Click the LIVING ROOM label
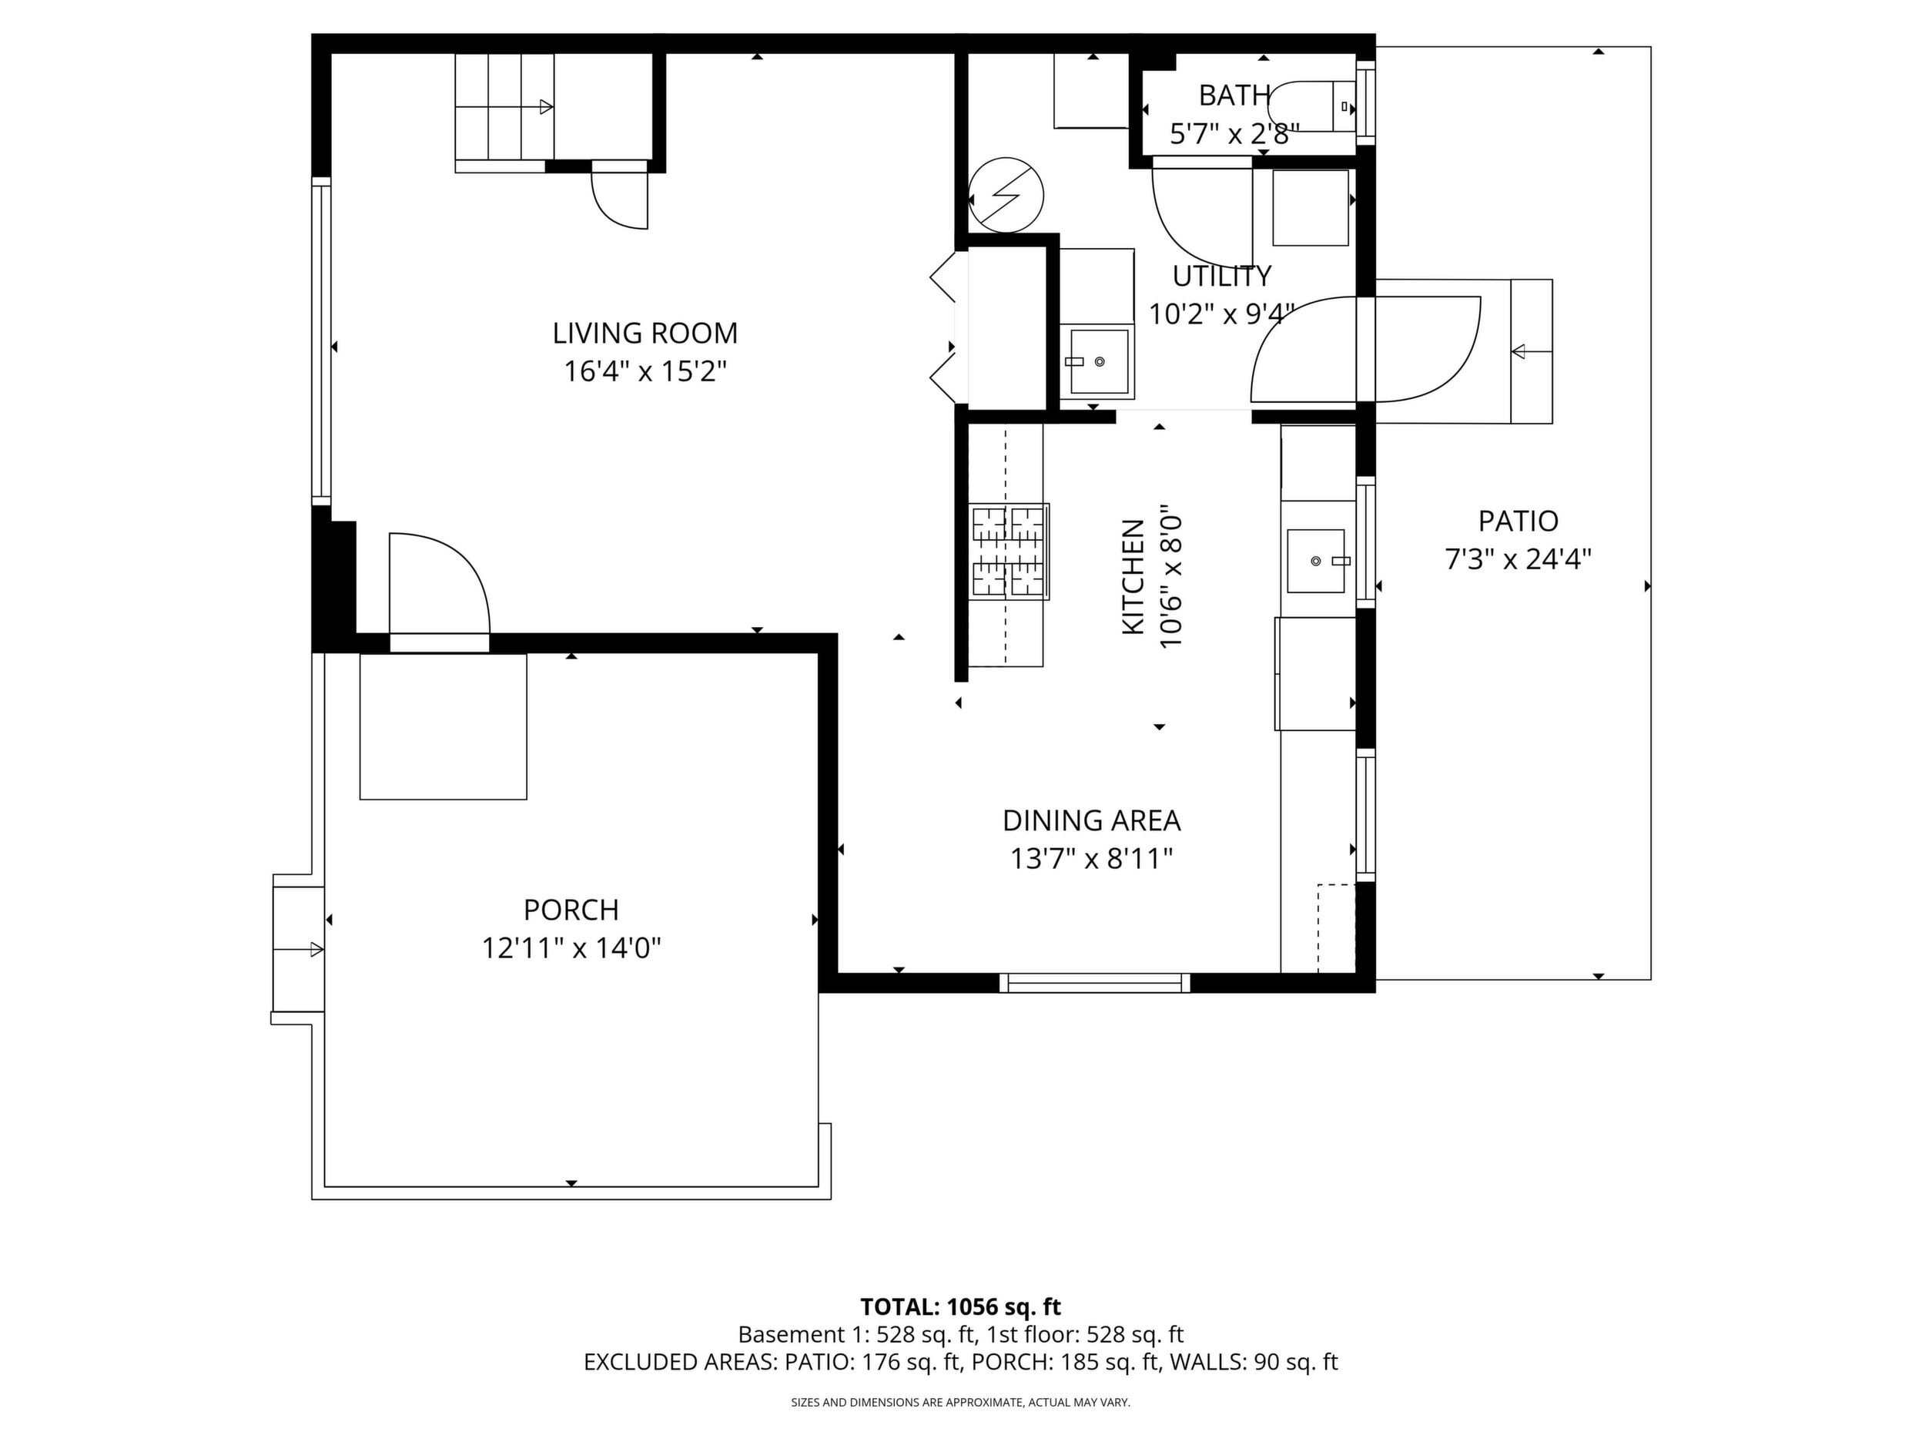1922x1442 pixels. coord(645,333)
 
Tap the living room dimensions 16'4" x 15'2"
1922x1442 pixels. coord(645,372)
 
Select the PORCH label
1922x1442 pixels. coord(571,910)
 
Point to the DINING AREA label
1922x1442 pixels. coord(1091,820)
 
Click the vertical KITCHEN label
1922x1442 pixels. coord(1133,577)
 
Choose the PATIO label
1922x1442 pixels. coord(1518,521)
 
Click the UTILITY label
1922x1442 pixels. coord(1222,276)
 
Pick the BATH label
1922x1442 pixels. coord(1234,95)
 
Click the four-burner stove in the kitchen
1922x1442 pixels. coord(1010,552)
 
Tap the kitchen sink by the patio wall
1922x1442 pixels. coord(1317,561)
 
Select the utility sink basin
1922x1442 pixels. coord(1099,361)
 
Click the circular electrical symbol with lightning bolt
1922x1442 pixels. coord(1006,195)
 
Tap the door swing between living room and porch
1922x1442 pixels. coord(439,584)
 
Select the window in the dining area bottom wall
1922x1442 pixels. coord(1094,983)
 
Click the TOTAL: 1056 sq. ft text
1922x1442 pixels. coord(960,1307)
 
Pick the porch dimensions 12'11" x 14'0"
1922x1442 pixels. coord(571,948)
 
